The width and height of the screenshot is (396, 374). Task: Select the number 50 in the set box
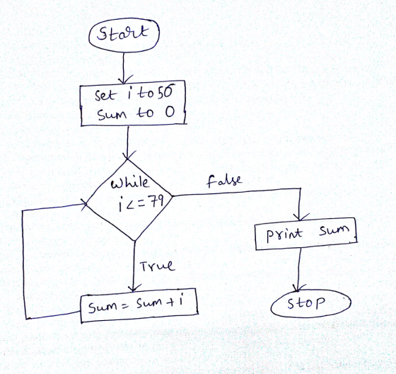tap(166, 91)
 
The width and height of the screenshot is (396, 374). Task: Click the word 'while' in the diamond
tap(130, 182)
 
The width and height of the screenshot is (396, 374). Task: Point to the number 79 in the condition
tap(157, 203)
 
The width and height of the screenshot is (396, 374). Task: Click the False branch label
tap(224, 181)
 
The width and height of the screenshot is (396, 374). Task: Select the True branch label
tap(157, 266)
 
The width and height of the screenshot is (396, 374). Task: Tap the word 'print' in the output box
tap(284, 234)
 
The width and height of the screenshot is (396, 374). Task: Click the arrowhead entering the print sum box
tap(300, 217)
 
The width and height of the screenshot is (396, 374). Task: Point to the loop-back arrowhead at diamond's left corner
tap(85, 203)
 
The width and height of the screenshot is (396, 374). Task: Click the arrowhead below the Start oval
tap(123, 81)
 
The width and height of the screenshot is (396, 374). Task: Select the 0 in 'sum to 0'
tap(170, 112)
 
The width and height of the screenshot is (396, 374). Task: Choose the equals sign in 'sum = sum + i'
tap(124, 307)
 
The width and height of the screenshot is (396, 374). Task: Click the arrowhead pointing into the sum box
tap(133, 288)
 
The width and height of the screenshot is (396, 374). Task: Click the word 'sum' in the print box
tap(334, 230)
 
